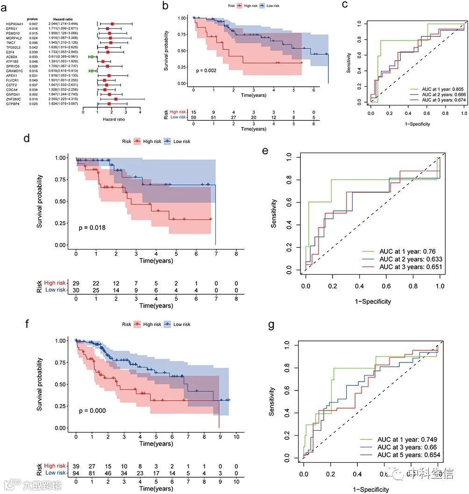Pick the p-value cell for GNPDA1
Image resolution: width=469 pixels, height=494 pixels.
[x=33, y=94]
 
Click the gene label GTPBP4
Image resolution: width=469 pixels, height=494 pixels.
[x=12, y=104]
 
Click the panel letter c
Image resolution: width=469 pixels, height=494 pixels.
[x=345, y=5]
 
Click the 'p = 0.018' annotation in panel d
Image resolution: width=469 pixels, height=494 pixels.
[x=92, y=228]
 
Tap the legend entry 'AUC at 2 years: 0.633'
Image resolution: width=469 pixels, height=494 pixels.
[x=411, y=259]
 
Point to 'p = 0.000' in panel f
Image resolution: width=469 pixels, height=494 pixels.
[x=92, y=411]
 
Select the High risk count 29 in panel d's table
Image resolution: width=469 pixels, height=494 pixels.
[x=76, y=283]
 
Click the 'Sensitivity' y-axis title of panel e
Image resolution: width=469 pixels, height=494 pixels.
[x=275, y=213]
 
